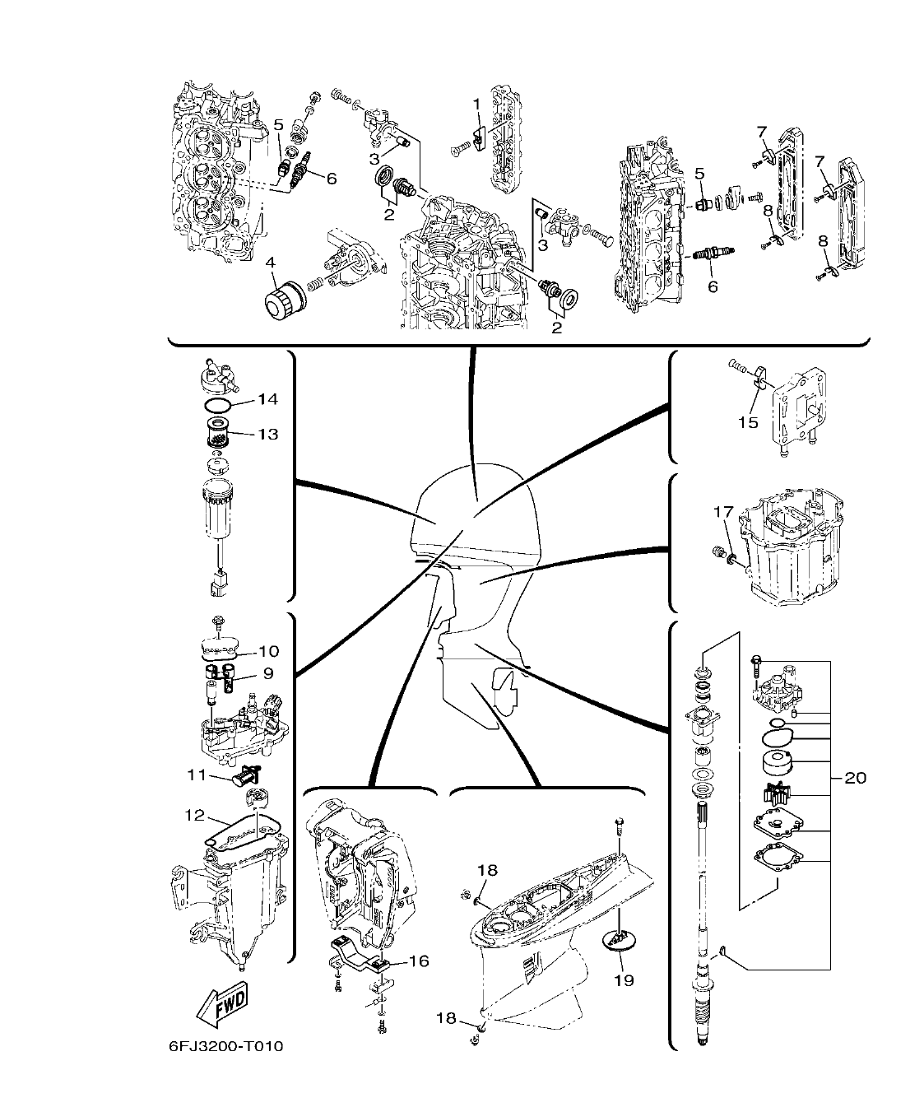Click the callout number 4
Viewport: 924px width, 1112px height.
pyautogui.click(x=271, y=263)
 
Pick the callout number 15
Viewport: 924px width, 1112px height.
pyautogui.click(x=747, y=422)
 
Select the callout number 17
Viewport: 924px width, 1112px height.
pyautogui.click(x=722, y=512)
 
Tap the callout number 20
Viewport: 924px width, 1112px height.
pyautogui.click(x=856, y=777)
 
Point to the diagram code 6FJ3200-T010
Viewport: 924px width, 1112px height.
pyautogui.click(x=225, y=1047)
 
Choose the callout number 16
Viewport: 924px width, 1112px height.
pyautogui.click(x=419, y=961)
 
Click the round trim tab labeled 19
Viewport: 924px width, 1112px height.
pyautogui.click(x=622, y=938)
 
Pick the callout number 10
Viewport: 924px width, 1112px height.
pyautogui.click(x=268, y=651)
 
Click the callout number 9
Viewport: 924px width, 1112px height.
pyautogui.click(x=267, y=672)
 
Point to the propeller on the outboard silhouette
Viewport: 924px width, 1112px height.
pyautogui.click(x=502, y=686)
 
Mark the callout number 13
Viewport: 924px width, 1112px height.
pyautogui.click(x=267, y=434)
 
